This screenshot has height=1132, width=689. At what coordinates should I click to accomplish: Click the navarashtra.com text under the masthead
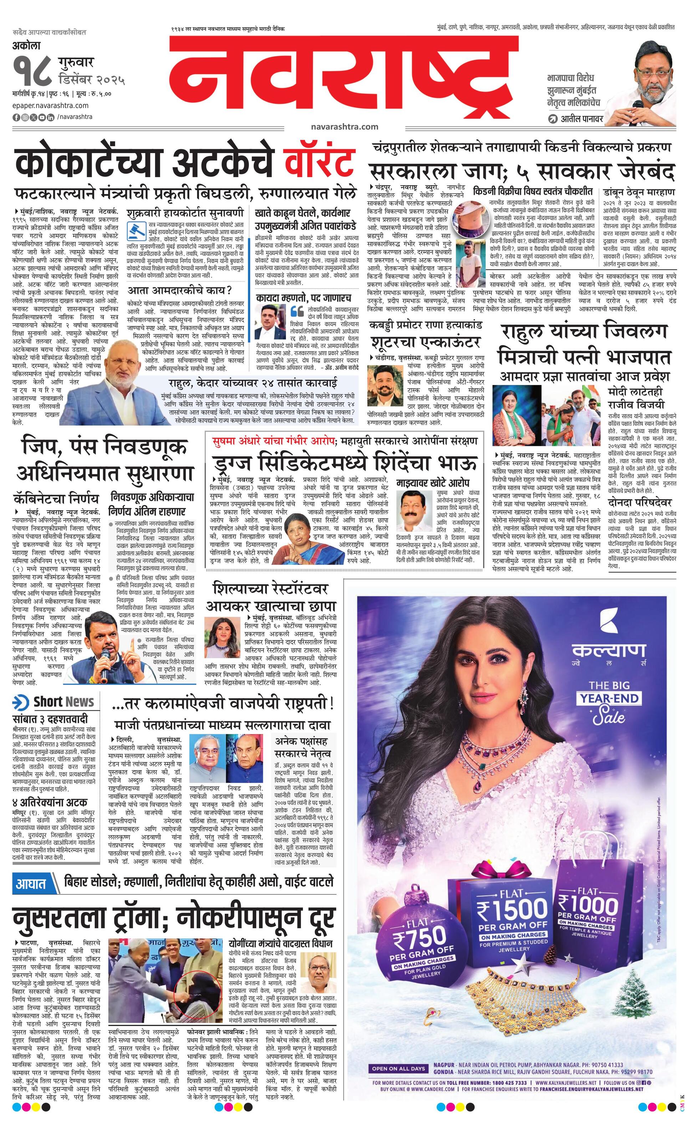[x=344, y=126]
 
